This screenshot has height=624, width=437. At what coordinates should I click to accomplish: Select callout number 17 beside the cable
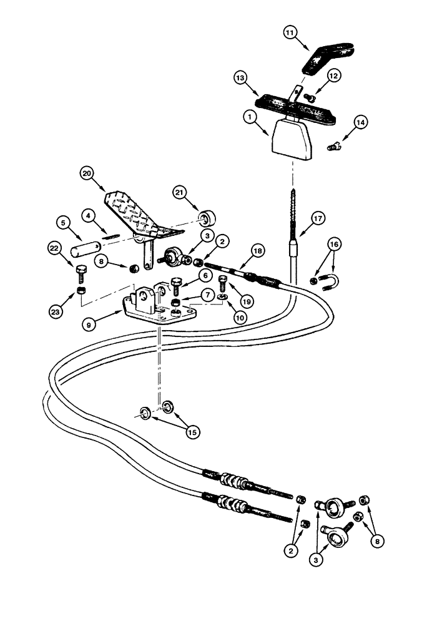[x=318, y=218]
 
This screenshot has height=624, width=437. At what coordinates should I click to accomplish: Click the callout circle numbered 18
[x=240, y=251]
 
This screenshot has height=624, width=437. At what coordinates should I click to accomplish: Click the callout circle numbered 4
[x=90, y=215]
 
